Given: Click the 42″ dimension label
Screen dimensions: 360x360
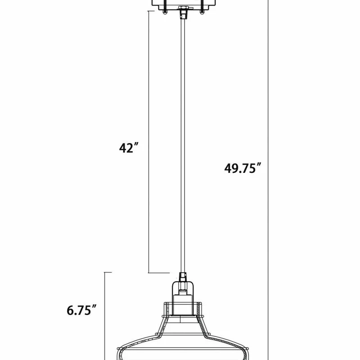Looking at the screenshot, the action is click(129, 148).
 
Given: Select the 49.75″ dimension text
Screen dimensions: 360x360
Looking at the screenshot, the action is click(243, 168).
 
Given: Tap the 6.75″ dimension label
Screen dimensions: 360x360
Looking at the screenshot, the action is click(81, 310).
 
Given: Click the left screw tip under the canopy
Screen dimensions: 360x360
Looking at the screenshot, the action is click(164, 13).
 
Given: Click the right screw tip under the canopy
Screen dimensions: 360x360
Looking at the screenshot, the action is click(202, 13).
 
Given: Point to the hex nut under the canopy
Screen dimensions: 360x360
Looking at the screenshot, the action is click(183, 8).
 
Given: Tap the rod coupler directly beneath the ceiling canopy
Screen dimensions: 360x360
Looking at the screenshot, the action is click(183, 14).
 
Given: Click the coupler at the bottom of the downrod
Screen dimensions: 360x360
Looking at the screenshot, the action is click(183, 277).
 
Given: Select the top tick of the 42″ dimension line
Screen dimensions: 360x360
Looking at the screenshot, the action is click(151, 11).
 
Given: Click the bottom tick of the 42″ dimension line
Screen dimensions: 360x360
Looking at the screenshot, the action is click(159, 273).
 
